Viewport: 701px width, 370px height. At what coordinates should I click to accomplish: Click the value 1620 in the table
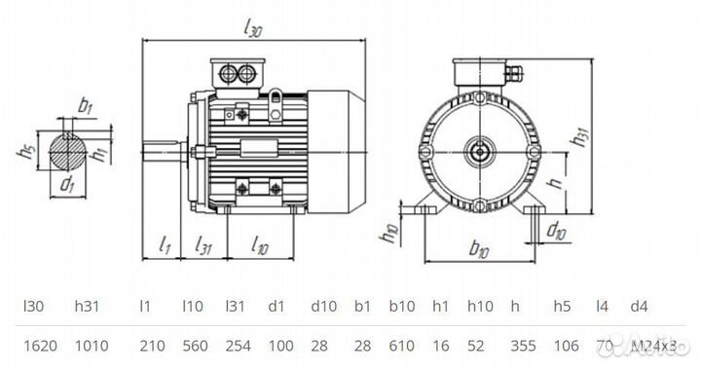[x=37, y=344]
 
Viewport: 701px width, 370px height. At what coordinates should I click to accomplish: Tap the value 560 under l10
[x=195, y=344]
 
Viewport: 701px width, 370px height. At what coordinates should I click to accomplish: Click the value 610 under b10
[x=402, y=344]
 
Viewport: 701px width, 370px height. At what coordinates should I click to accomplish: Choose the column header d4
[x=639, y=307]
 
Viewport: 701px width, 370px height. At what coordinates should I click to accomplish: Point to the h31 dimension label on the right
[x=580, y=139]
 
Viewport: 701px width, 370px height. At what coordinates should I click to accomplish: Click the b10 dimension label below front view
[x=478, y=250]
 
